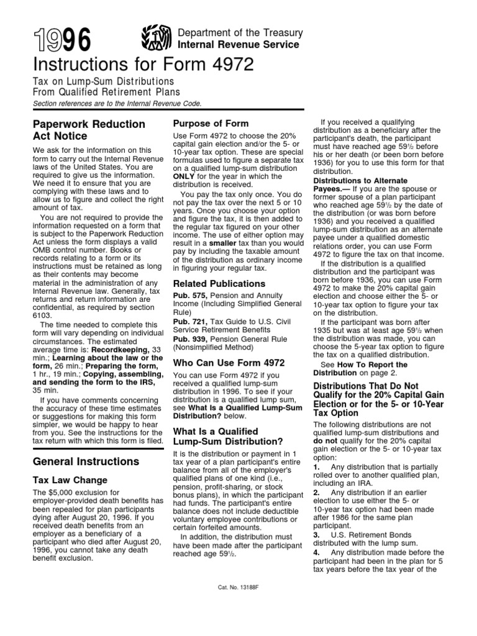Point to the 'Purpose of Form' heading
pos(211,123)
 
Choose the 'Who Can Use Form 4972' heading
pos(229,362)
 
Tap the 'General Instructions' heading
pos(86,461)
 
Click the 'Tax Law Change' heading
pos(70,480)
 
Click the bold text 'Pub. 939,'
pos(187,339)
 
